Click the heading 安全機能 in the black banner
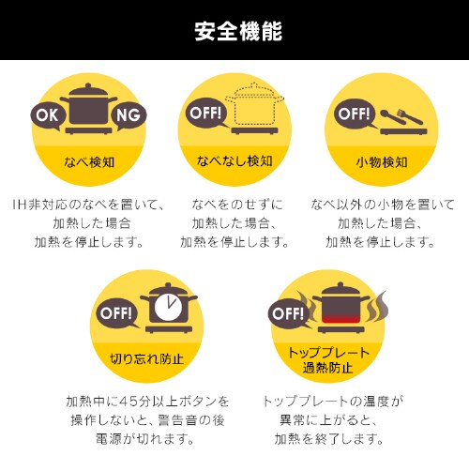tap(238, 31)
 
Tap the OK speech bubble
tap(48, 116)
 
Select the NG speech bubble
tap(129, 115)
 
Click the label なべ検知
tap(89, 162)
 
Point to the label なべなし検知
tap(234, 161)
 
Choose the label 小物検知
tap(382, 162)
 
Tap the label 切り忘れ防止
tap(146, 358)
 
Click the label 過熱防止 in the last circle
tap(327, 368)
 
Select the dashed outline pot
tap(254, 104)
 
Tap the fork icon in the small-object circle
tap(410, 116)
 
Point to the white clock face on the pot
tap(168, 308)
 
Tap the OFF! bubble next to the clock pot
tap(116, 313)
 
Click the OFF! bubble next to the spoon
tap(355, 114)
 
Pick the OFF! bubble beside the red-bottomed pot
tap(289, 313)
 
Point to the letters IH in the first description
tap(20, 205)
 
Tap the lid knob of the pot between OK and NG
tap(88, 85)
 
